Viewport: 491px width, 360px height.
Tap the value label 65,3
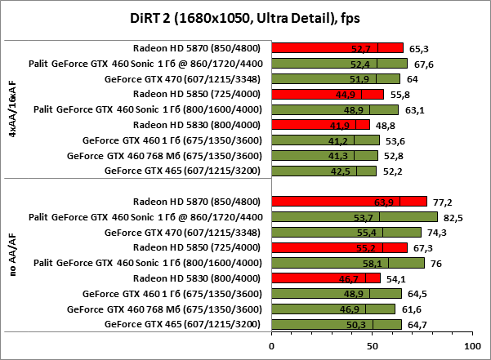click(419, 47)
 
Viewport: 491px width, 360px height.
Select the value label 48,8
click(384, 125)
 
